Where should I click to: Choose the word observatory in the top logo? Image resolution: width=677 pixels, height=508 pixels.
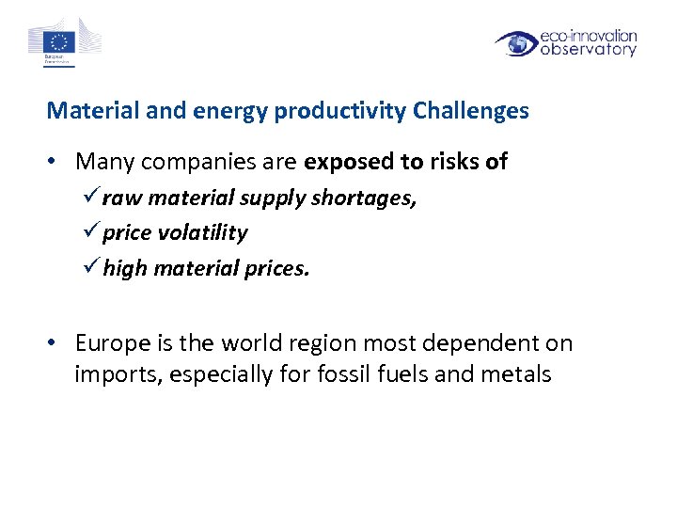(x=588, y=50)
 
